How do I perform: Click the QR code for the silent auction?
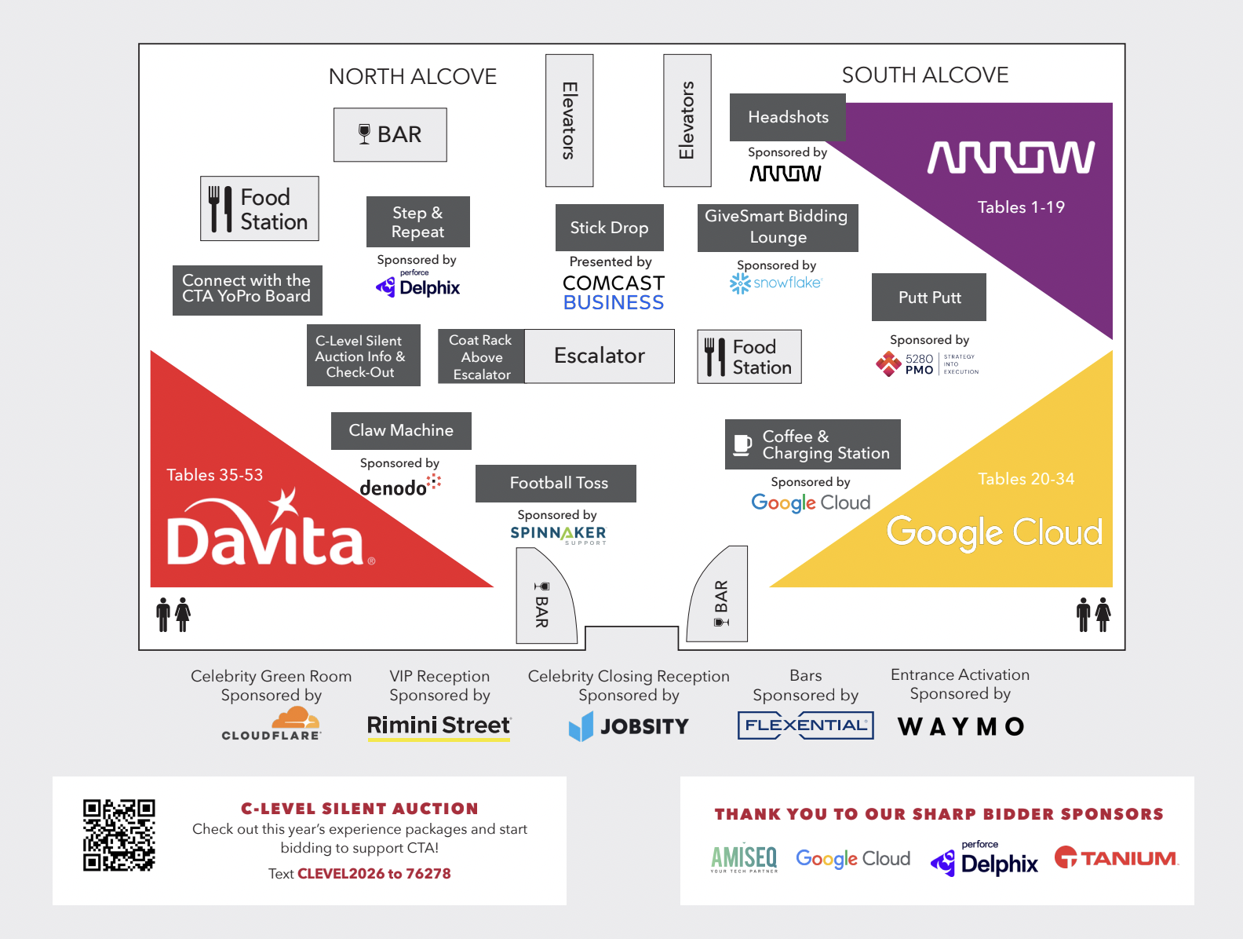pos(119,835)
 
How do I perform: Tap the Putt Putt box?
pos(928,298)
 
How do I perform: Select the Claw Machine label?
pos(401,430)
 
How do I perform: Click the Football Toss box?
pos(556,483)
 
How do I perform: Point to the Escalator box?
pos(599,356)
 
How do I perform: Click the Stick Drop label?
pos(609,228)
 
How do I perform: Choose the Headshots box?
pos(787,117)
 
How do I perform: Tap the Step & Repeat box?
pos(418,222)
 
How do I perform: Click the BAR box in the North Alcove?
pos(390,135)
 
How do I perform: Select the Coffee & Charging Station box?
pos(813,444)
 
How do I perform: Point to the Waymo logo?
pos(961,726)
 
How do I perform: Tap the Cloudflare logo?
pos(272,724)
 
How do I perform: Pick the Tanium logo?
pos(1116,857)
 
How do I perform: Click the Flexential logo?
pos(805,725)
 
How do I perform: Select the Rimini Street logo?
pos(439,726)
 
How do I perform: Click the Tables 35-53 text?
pos(215,474)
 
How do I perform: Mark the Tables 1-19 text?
pos(1021,207)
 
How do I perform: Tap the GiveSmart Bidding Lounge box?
pos(778,228)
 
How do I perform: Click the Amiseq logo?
pos(744,859)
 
